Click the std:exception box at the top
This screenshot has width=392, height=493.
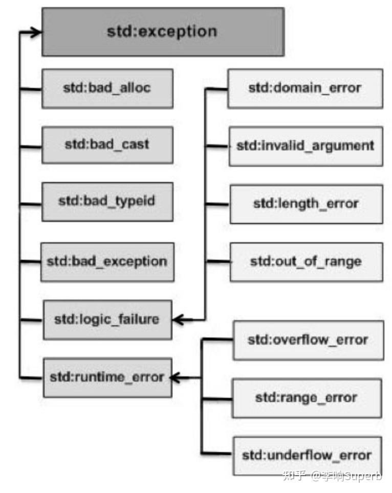tap(163, 32)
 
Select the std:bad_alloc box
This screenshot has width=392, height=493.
tap(107, 88)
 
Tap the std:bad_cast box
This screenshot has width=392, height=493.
tap(107, 145)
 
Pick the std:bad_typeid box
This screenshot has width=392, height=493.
tap(107, 201)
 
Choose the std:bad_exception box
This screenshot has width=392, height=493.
tap(107, 262)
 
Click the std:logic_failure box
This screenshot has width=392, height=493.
tap(107, 320)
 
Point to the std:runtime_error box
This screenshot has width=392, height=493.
tap(107, 377)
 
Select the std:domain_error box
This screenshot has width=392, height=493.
tap(305, 88)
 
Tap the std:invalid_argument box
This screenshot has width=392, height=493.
tap(306, 146)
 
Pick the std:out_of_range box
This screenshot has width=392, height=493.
tap(306, 262)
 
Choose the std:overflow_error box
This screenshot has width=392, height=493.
tap(308, 340)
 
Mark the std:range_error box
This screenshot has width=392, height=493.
tap(307, 398)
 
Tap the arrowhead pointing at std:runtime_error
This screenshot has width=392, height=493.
tap(175, 378)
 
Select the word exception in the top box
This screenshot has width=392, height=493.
tap(178, 32)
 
